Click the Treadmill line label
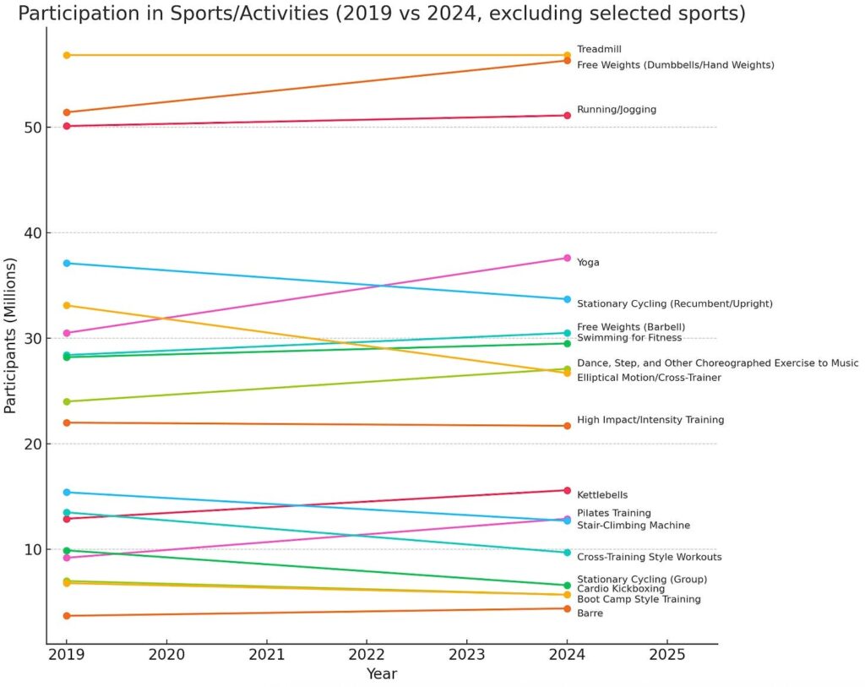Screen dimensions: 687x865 click(x=599, y=49)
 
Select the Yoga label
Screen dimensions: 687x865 click(x=588, y=263)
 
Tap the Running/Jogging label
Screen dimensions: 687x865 click(x=616, y=110)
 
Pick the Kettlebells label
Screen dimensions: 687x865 click(x=602, y=495)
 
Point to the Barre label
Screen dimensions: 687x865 click(x=590, y=613)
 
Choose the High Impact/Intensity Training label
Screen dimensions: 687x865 click(x=650, y=420)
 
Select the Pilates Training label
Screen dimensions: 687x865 click(x=613, y=513)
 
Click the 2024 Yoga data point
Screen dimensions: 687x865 click(x=567, y=258)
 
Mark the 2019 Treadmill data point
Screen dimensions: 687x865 click(x=67, y=55)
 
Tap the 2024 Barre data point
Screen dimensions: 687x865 click(x=567, y=608)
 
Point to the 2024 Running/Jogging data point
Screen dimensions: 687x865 click(x=567, y=115)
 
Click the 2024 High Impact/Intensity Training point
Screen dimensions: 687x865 click(x=567, y=425)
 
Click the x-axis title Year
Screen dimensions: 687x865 click(x=381, y=674)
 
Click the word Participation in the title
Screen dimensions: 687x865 click(x=78, y=14)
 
